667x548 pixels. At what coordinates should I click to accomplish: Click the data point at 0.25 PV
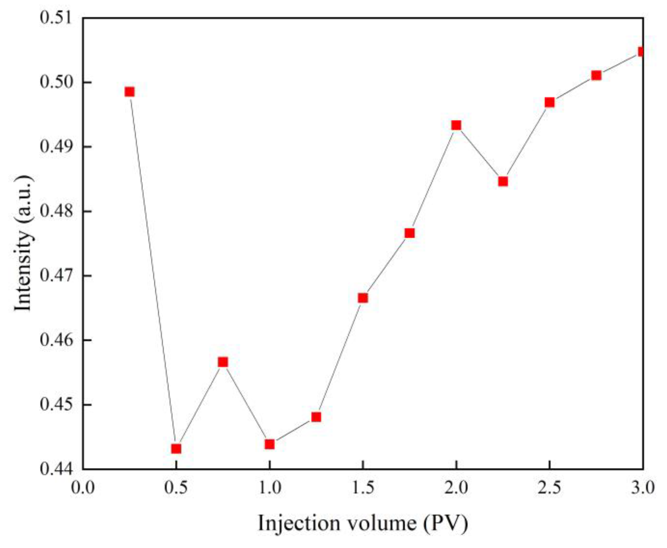(129, 92)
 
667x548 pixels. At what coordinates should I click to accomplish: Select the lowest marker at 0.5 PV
(176, 448)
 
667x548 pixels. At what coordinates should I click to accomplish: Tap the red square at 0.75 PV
(223, 362)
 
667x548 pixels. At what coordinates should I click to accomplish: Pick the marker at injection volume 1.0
(269, 444)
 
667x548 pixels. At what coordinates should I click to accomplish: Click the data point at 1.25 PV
(316, 417)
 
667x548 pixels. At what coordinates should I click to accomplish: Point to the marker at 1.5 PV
(363, 298)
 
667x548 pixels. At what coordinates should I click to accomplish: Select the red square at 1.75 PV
(409, 233)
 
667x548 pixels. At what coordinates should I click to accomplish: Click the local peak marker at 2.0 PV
(456, 125)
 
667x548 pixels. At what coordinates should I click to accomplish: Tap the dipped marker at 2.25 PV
(503, 181)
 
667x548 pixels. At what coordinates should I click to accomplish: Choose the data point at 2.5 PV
(549, 102)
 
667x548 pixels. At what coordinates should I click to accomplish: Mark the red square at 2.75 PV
(596, 75)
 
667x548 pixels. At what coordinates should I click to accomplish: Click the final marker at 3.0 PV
(641, 52)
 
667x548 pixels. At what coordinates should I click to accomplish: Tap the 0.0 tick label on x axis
(83, 488)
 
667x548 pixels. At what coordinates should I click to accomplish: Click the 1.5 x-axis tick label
(363, 488)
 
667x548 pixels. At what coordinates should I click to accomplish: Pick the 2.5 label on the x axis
(549, 488)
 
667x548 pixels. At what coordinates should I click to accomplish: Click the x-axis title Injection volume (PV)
(363, 523)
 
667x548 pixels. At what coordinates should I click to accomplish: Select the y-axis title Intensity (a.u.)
(23, 243)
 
